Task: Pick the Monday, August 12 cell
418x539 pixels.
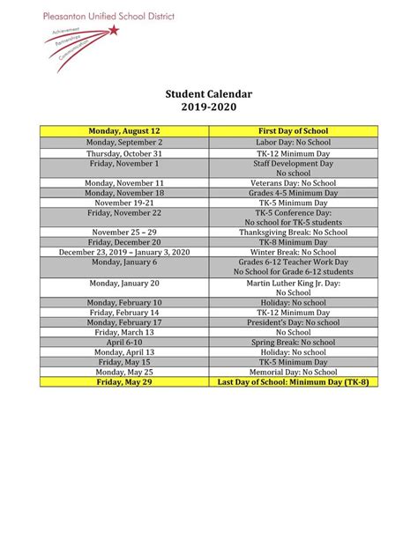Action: pos(123,131)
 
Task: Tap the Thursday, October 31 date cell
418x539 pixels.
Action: pos(123,152)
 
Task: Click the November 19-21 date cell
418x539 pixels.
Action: pos(123,203)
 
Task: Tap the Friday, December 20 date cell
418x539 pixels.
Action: pos(123,242)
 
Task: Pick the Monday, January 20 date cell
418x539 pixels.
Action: pos(123,283)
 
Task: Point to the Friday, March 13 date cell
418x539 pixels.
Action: pos(123,332)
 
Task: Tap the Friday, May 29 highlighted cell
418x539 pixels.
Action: pos(123,382)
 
